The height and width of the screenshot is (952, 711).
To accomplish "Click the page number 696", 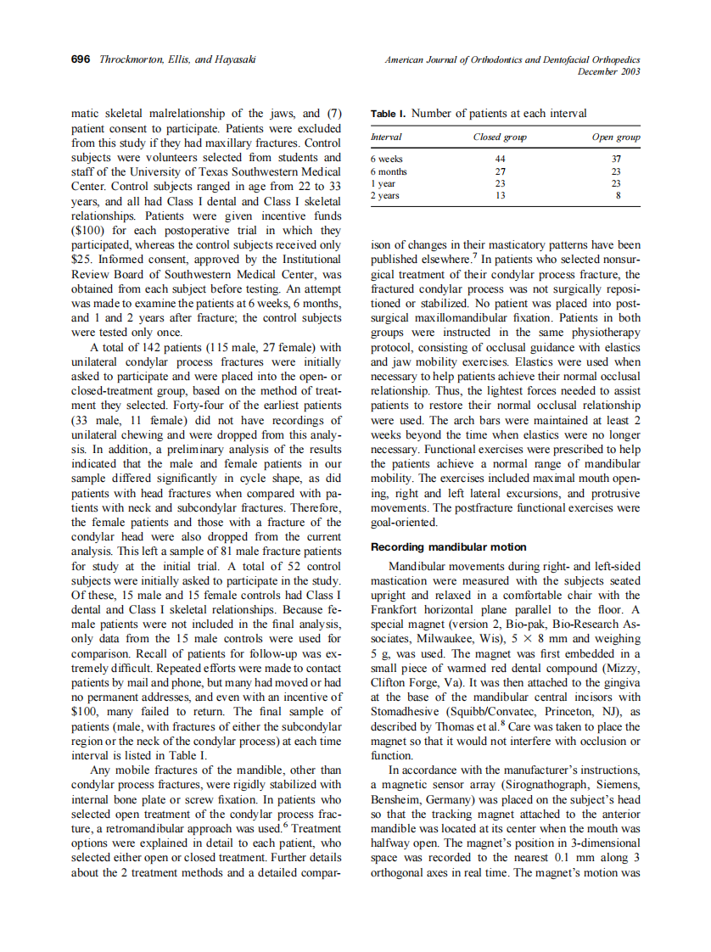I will (x=81, y=59).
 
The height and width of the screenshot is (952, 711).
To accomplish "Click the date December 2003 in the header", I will (x=608, y=71).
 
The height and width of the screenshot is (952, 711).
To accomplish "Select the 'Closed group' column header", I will (x=500, y=137).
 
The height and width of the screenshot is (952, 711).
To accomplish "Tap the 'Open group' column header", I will (x=616, y=137).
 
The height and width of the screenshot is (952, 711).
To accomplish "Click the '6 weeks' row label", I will (x=387, y=159).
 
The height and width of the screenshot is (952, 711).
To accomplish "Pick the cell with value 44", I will (x=500, y=159).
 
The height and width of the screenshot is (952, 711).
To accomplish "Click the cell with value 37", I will (x=617, y=159).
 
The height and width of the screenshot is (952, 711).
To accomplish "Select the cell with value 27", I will (x=500, y=171).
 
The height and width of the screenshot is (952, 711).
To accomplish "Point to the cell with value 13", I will (x=500, y=196).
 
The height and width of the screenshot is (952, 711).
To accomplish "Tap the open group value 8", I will (x=618, y=196).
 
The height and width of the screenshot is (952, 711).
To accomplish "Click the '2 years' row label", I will (x=384, y=196).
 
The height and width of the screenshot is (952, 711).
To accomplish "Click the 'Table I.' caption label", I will (x=389, y=114).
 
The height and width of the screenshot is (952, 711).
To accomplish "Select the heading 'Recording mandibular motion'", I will (x=448, y=547).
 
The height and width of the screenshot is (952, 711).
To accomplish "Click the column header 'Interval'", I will (x=386, y=137).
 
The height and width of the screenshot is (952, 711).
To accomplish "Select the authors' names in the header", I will (x=177, y=59).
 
